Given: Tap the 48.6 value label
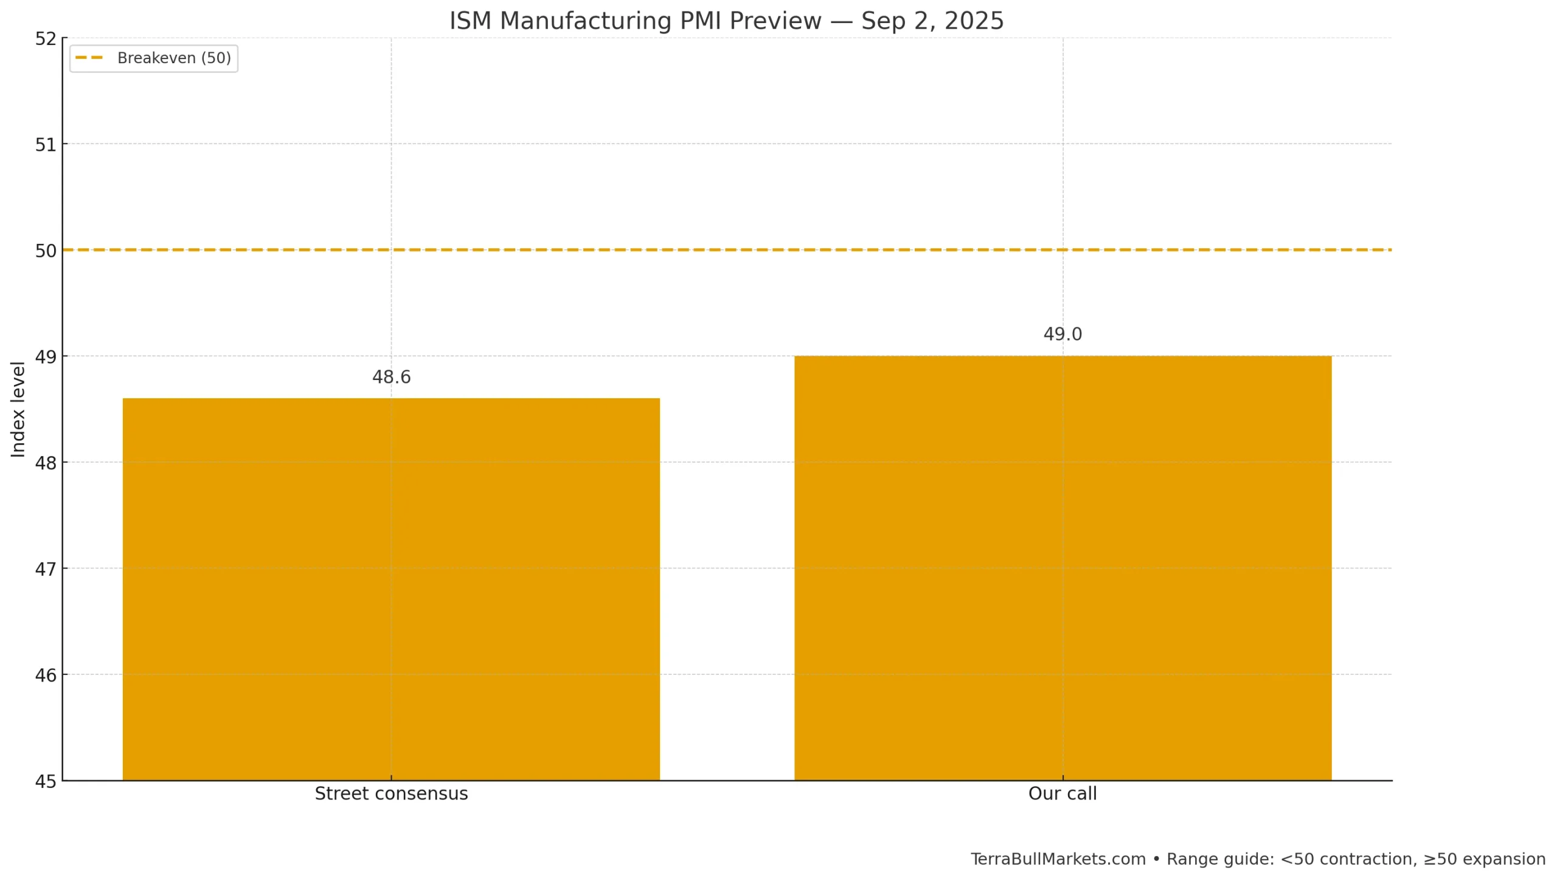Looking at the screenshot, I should click(x=391, y=377).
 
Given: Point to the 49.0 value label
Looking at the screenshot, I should click(x=1063, y=334).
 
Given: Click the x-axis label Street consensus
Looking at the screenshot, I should click(x=391, y=793).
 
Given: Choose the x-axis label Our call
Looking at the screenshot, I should click(x=1063, y=793).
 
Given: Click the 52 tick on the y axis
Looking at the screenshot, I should click(x=46, y=39).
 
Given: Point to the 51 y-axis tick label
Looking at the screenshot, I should click(x=46, y=145).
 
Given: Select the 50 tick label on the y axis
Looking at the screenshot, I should click(x=46, y=251).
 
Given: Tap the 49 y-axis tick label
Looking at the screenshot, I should click(x=46, y=357).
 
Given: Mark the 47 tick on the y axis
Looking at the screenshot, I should click(x=46, y=569).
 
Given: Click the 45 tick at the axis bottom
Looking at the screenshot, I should click(x=46, y=781).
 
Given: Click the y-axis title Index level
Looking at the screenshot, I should click(x=18, y=409).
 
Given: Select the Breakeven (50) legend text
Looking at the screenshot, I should click(x=174, y=58).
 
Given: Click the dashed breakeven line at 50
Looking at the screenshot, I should click(x=730, y=250).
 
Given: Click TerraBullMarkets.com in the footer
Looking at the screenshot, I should click(x=1058, y=859).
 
